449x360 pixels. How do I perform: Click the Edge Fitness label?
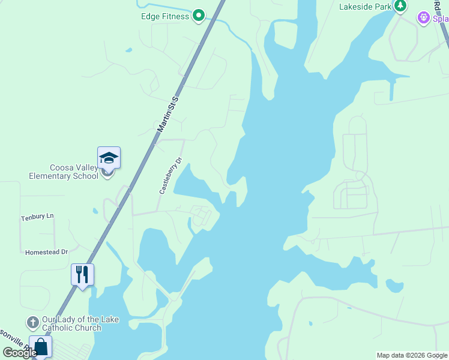[164, 16]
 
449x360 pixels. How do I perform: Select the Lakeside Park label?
[365, 7]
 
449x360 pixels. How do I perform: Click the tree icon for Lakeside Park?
[400, 6]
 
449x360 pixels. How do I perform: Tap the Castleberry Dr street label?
[170, 176]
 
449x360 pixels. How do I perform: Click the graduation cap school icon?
[109, 158]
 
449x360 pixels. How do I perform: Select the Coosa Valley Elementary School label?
[63, 172]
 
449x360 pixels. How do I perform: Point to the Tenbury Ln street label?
[37, 217]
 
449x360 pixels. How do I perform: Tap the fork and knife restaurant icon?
[82, 275]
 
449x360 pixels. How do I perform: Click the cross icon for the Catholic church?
[33, 323]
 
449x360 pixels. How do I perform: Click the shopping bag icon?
[40, 347]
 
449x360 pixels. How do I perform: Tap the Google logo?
[19, 353]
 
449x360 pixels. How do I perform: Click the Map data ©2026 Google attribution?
[412, 355]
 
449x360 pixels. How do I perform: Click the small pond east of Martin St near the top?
[128, 50]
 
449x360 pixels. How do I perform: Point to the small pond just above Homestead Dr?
[95, 211]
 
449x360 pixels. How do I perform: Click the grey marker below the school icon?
[107, 174]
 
